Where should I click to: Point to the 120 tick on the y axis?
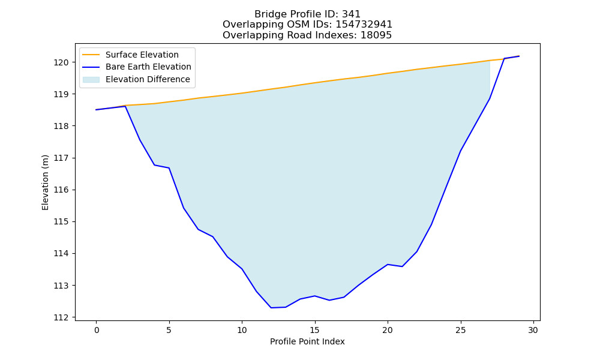coord(61,62)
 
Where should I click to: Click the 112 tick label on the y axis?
coord(61,317)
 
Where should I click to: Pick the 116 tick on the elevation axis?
coord(61,190)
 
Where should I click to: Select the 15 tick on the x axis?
coord(315,330)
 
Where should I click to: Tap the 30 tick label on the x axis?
coord(533,330)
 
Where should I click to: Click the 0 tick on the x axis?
coord(97,330)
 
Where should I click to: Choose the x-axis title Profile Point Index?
coord(307,341)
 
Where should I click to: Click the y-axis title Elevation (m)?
coord(45,182)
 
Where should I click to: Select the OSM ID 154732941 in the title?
coord(364,25)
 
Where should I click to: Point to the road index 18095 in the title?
coord(376,35)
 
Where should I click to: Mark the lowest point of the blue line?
coord(271,308)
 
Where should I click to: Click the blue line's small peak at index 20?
coord(388,265)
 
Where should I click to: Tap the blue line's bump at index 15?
coord(315,296)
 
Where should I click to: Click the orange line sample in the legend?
coord(91,55)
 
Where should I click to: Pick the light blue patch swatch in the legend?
coord(91,80)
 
